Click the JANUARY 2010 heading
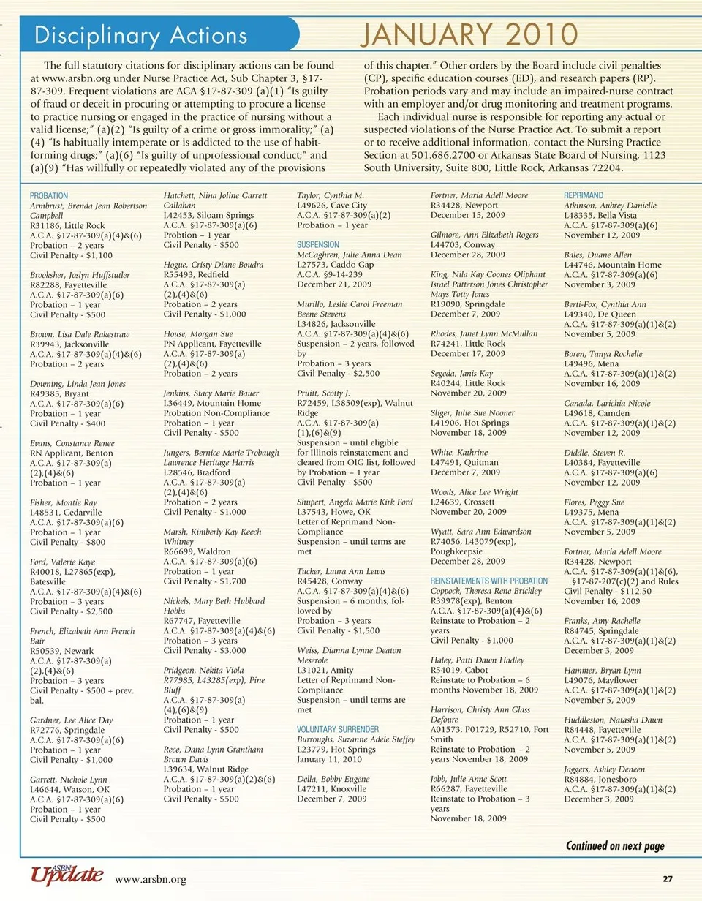pos(471,34)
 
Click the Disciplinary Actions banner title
pos(141,35)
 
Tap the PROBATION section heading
pos(49,196)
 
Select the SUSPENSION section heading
pos(319,244)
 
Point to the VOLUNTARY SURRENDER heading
pos(338,729)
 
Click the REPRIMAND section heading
pos(584,196)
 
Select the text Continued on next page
pos(615,846)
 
